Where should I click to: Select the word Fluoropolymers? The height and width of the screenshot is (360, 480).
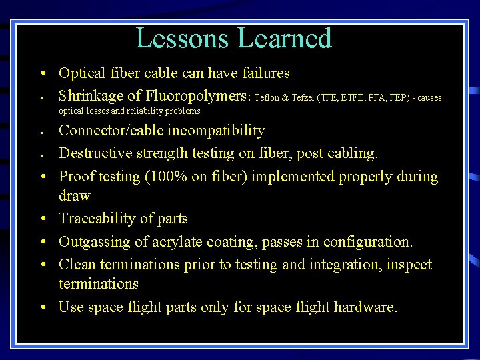[194, 96]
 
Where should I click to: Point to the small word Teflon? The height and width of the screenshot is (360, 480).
[267, 98]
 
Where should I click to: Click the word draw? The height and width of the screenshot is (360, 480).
[74, 196]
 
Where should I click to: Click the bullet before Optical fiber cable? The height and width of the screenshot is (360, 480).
[42, 73]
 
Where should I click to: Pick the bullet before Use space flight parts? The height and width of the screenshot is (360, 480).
[42, 308]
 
